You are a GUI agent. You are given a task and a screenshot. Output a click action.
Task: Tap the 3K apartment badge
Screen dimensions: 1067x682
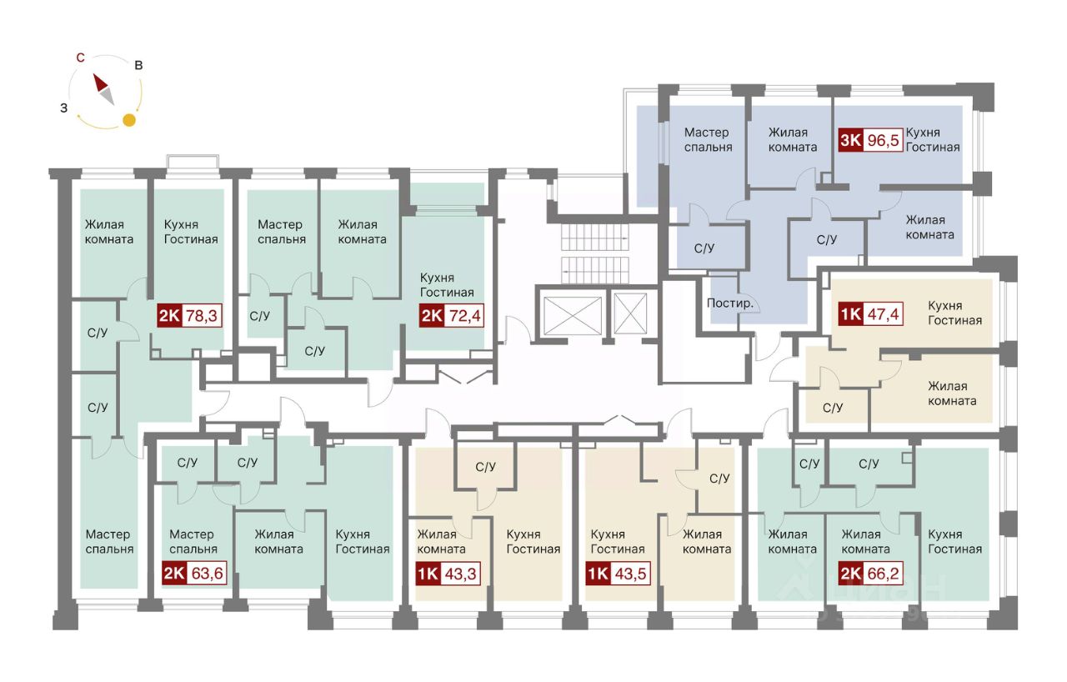(x=850, y=140)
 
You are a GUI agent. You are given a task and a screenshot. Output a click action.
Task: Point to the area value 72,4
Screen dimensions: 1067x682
(x=463, y=316)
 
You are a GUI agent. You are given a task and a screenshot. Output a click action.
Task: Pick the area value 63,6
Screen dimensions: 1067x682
(x=207, y=574)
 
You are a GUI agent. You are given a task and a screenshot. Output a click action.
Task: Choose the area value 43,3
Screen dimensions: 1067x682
(x=463, y=574)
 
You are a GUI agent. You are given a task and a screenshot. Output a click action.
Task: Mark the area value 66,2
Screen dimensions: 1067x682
(x=885, y=574)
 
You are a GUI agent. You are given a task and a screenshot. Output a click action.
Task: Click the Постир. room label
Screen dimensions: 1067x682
(x=729, y=303)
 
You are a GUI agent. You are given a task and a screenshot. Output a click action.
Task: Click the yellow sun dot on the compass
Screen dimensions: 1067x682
(x=129, y=120)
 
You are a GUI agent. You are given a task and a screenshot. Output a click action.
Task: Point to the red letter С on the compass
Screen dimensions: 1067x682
(x=80, y=58)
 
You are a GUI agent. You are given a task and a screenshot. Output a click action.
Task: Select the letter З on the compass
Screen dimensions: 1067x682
(x=63, y=108)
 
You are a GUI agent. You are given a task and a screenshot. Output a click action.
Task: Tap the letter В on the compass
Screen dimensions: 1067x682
(x=138, y=65)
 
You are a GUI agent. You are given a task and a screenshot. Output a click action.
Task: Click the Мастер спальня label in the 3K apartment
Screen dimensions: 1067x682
(x=708, y=139)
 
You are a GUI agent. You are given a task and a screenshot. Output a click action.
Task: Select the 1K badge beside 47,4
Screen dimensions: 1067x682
(x=849, y=316)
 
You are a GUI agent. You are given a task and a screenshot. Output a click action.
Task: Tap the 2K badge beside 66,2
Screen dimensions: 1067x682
(x=850, y=574)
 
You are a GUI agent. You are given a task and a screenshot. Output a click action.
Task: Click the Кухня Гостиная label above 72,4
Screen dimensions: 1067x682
(x=447, y=285)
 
